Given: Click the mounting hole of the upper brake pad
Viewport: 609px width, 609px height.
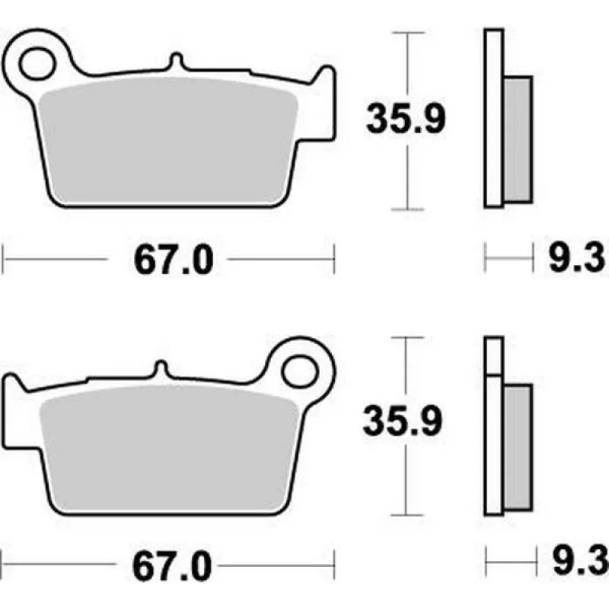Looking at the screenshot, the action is (37, 64).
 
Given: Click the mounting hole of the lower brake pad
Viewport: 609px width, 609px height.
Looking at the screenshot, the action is (300, 371).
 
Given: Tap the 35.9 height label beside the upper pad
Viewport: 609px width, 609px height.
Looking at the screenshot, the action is (406, 119).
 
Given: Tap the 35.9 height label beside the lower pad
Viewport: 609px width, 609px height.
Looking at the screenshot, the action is (403, 421).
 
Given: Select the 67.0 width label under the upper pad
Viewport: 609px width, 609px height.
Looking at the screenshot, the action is (174, 260).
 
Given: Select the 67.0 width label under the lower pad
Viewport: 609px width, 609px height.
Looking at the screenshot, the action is (172, 566).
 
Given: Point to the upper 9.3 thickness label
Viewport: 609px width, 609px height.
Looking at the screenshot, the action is (577, 258).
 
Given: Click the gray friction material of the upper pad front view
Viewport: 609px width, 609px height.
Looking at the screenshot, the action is (168, 141).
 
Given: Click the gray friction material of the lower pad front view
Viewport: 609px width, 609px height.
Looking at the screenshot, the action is (168, 448).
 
